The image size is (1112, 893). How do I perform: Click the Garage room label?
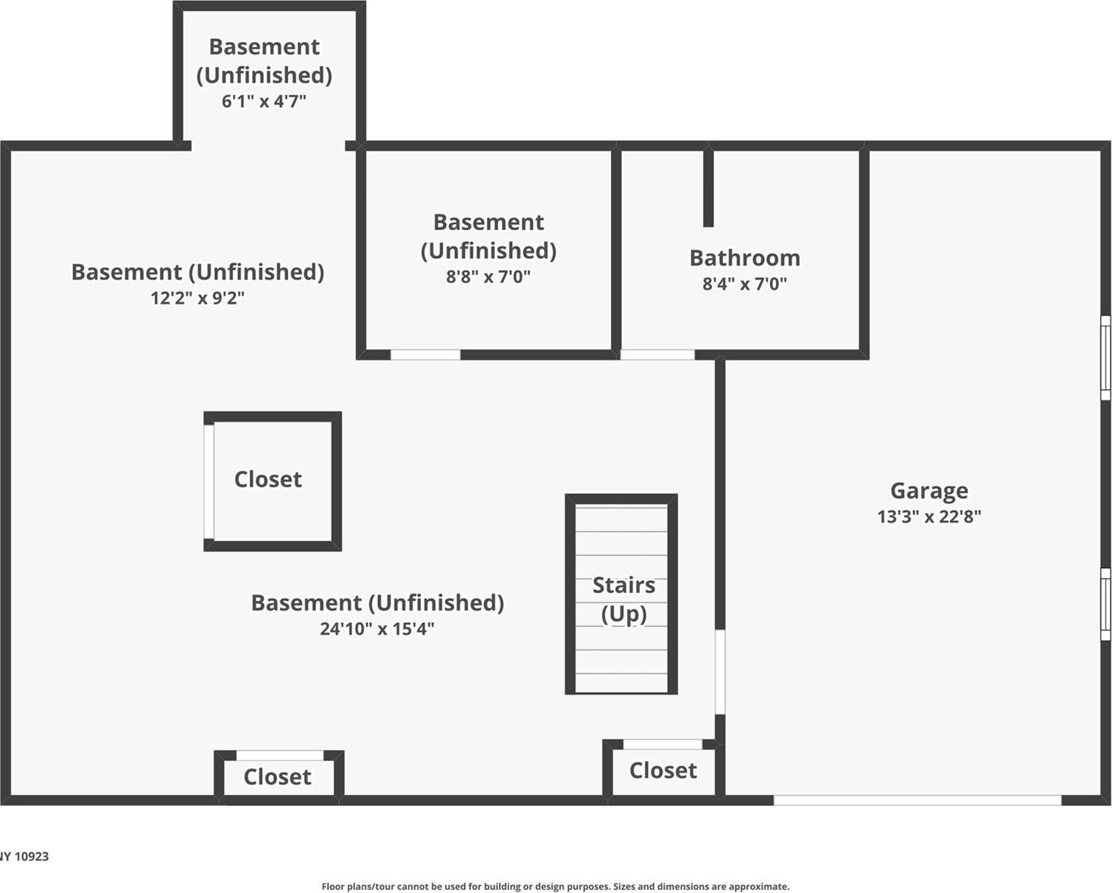pyautogui.click(x=929, y=490)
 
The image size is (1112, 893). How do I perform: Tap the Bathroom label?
pyautogui.click(x=744, y=257)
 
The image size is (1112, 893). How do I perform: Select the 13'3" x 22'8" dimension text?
pyautogui.click(x=929, y=516)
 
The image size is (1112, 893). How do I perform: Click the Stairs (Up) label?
pyautogui.click(x=623, y=599)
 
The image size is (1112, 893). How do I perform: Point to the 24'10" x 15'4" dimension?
pyautogui.click(x=377, y=629)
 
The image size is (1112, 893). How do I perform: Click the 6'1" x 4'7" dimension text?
pyautogui.click(x=264, y=101)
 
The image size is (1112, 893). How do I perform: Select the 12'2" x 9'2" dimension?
pyautogui.click(x=197, y=298)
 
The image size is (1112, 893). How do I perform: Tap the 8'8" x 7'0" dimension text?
pyautogui.click(x=488, y=277)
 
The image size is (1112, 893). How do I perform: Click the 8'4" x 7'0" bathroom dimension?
pyautogui.click(x=744, y=284)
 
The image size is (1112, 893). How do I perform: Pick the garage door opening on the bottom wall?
pyautogui.click(x=917, y=800)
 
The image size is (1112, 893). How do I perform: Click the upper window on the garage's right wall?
pyautogui.click(x=1105, y=358)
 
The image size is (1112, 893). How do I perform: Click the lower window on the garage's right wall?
pyautogui.click(x=1105, y=604)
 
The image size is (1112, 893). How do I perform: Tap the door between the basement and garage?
pyautogui.click(x=720, y=672)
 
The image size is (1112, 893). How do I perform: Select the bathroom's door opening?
pyautogui.click(x=657, y=355)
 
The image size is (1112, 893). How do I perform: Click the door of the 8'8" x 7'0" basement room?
pyautogui.click(x=425, y=355)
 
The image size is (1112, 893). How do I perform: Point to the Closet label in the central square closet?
pyautogui.click(x=267, y=479)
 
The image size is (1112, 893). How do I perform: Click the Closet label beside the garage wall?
pyautogui.click(x=662, y=771)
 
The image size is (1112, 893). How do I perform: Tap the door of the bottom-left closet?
pyautogui.click(x=279, y=755)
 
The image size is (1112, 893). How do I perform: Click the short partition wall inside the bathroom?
pyautogui.click(x=708, y=188)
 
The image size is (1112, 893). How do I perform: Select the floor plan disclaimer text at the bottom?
pyautogui.click(x=555, y=886)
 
